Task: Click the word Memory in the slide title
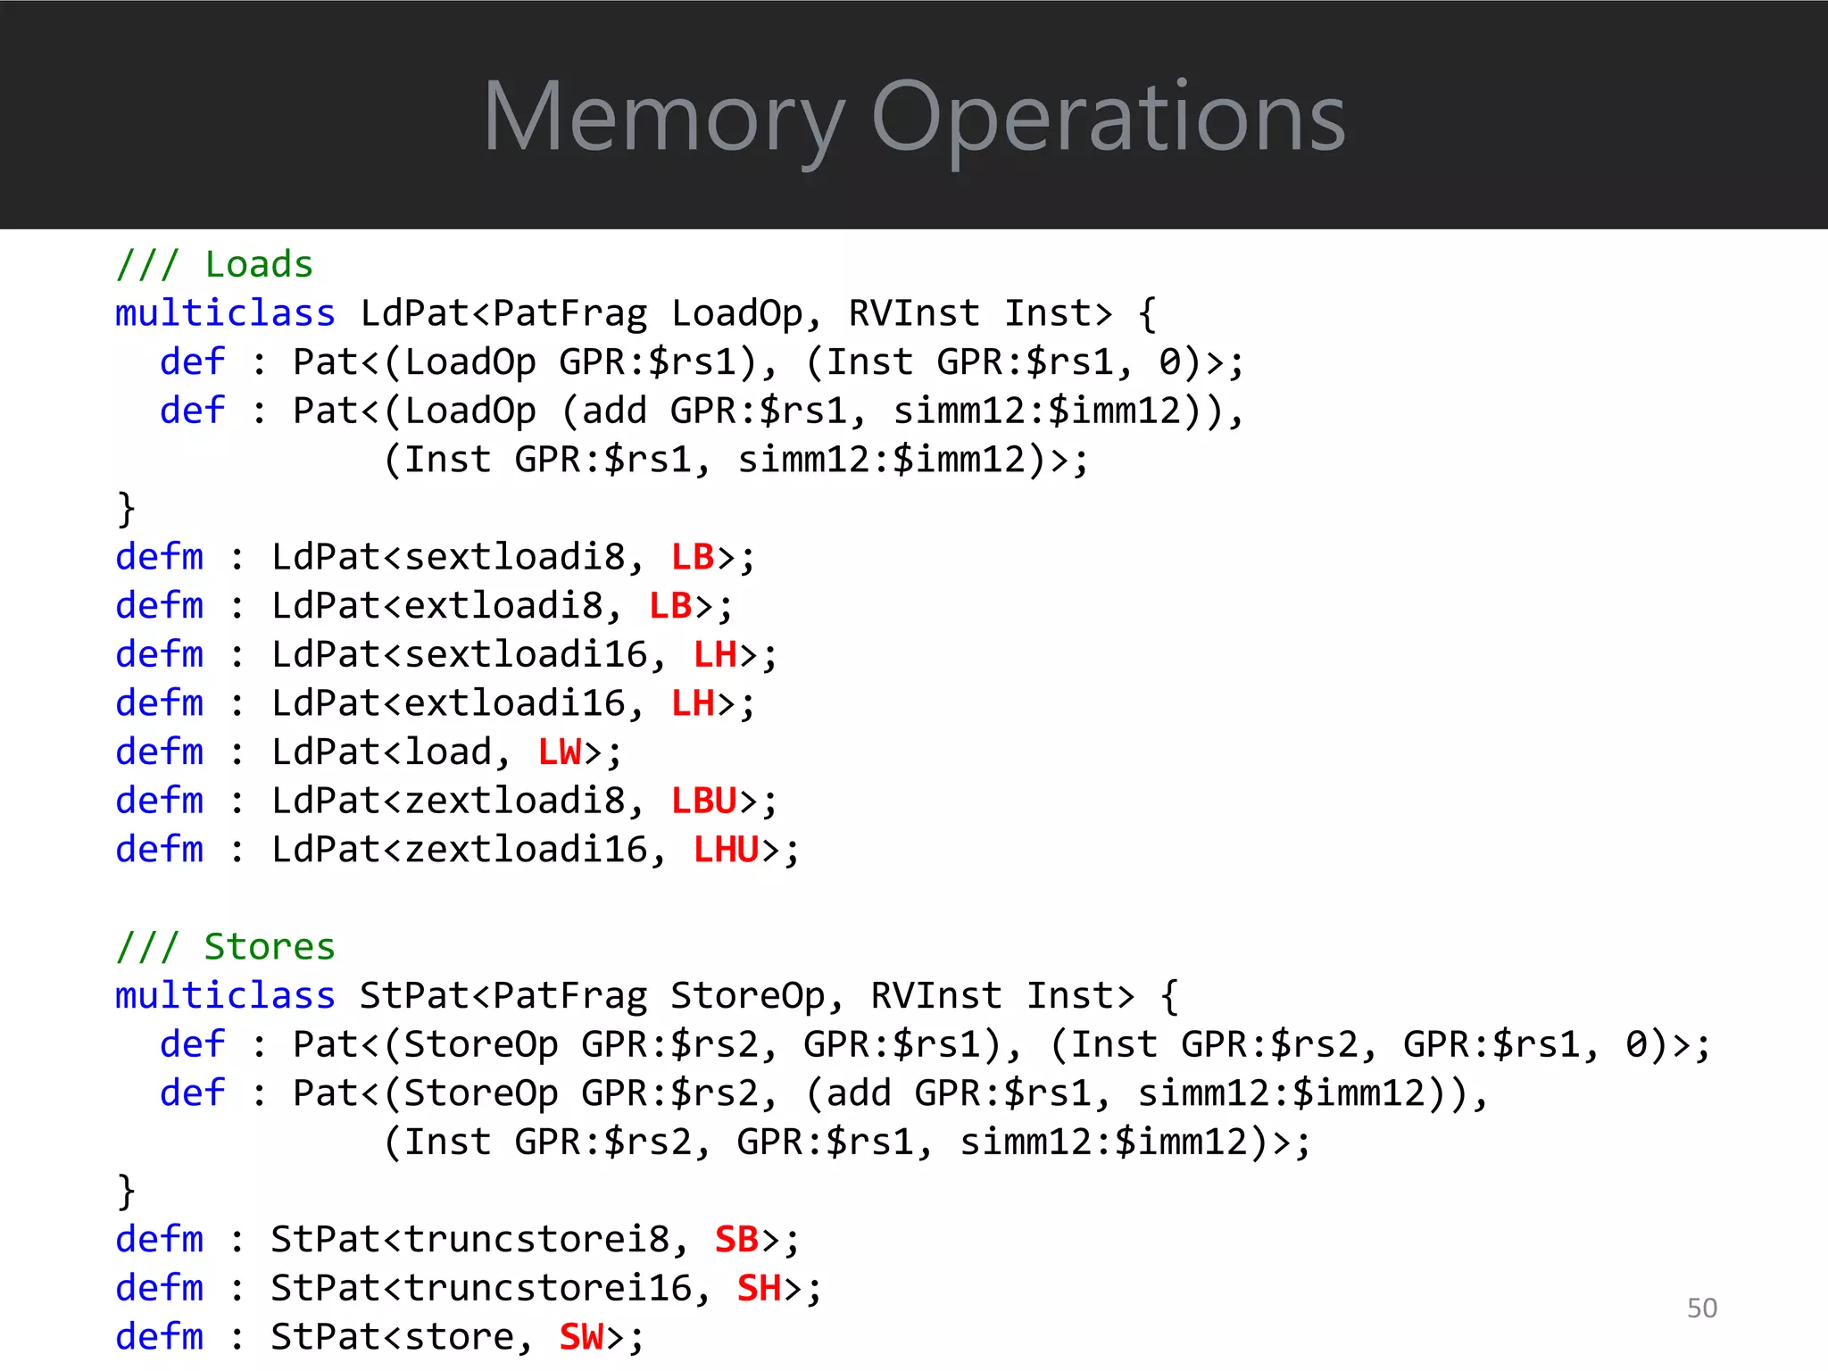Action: pyautogui.click(x=662, y=118)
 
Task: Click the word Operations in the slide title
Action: pyautogui.click(x=1107, y=118)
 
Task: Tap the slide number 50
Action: pyautogui.click(x=1701, y=1308)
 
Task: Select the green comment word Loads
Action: pyautogui.click(x=259, y=265)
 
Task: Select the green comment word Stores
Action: pyautogui.click(x=270, y=947)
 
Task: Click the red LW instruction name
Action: pyautogui.click(x=560, y=752)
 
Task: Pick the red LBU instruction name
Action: pyautogui.click(x=703, y=801)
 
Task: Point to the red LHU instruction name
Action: pyautogui.click(x=726, y=850)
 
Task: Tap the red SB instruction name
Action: pyautogui.click(x=736, y=1240)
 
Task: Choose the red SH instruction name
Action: pyautogui.click(x=759, y=1288)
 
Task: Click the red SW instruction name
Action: pyautogui.click(x=581, y=1337)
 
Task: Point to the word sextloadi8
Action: pyautogui.click(x=515, y=558)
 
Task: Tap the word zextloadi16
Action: pyautogui.click(x=526, y=850)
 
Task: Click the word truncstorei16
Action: pyautogui.click(x=548, y=1288)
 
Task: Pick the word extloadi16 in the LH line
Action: pyautogui.click(x=515, y=703)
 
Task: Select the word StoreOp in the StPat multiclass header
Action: pyautogui.click(x=747, y=996)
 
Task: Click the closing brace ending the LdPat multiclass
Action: pyautogui.click(x=126, y=509)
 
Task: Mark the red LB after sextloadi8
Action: pyautogui.click(x=693, y=558)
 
